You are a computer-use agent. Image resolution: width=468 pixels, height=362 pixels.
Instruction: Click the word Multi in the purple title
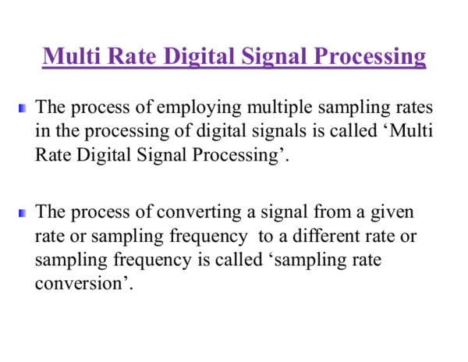[x=71, y=56]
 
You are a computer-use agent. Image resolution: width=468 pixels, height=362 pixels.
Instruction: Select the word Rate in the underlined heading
[x=132, y=56]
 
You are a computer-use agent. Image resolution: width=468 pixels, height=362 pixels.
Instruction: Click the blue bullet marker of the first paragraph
[x=23, y=108]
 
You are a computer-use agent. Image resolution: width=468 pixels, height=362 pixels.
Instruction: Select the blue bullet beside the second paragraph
[x=23, y=213]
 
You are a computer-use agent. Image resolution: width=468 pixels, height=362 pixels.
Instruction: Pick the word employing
[x=199, y=108]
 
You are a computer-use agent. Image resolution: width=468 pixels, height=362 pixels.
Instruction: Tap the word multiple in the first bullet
[x=280, y=108]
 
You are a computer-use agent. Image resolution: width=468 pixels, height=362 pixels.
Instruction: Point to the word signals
[x=279, y=132]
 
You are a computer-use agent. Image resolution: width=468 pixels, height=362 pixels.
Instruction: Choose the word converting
[x=199, y=213]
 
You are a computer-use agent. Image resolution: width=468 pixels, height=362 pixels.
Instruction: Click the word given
[x=392, y=213]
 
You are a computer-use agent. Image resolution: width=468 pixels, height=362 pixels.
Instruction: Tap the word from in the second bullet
[x=332, y=212]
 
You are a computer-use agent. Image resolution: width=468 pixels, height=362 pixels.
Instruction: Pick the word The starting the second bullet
[x=50, y=211]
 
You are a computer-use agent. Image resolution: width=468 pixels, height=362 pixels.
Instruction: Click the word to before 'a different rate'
[x=266, y=237]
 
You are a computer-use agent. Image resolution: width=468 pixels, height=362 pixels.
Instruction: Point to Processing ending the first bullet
[x=236, y=155]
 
